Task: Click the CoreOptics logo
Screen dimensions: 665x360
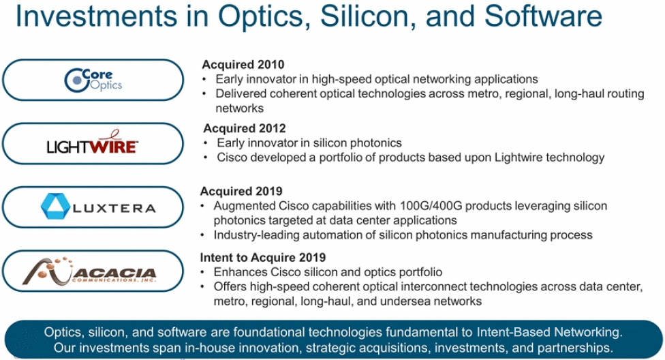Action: click(93, 80)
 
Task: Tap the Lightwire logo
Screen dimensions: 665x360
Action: click(93, 142)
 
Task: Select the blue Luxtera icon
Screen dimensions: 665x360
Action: click(55, 206)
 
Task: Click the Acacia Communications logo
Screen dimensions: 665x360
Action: click(89, 271)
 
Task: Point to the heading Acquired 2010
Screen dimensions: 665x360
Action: click(243, 65)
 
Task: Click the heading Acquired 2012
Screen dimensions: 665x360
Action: click(245, 128)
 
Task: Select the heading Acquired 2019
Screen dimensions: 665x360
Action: click(241, 191)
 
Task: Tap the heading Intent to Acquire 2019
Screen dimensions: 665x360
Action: click(263, 257)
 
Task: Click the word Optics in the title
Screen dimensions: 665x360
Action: click(264, 17)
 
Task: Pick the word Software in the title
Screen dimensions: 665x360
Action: click(543, 16)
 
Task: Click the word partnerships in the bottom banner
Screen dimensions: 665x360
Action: click(575, 348)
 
